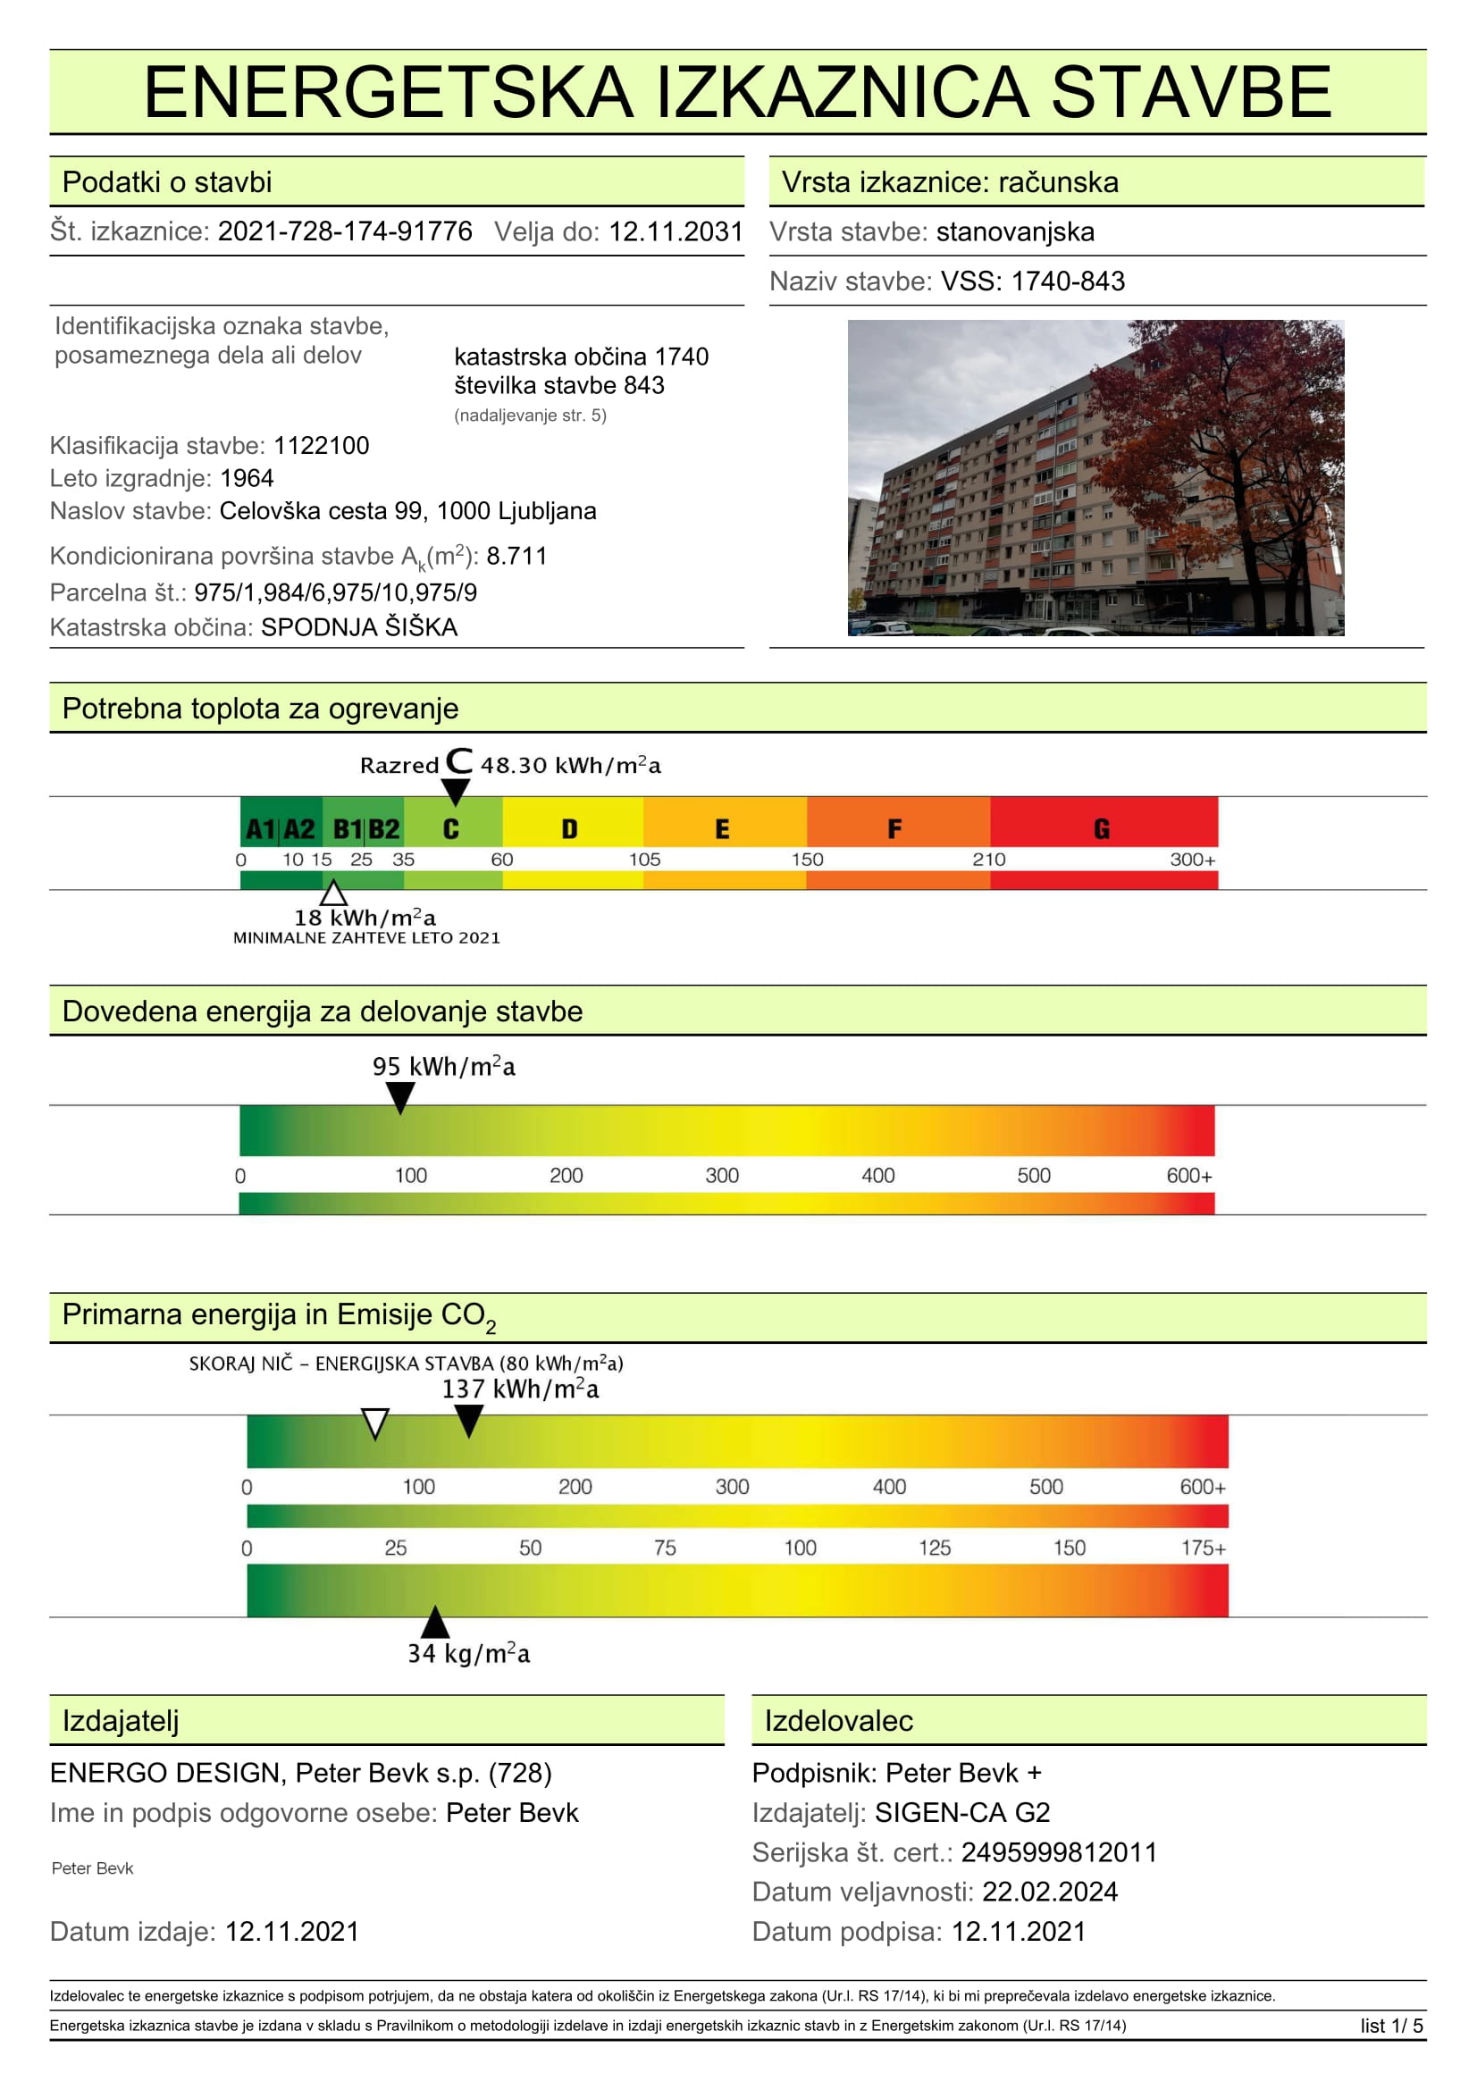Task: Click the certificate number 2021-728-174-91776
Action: click(345, 231)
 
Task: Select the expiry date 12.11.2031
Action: click(676, 231)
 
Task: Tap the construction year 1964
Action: click(247, 478)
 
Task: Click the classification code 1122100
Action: click(322, 445)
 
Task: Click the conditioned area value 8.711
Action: click(516, 555)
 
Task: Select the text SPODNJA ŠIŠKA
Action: click(358, 627)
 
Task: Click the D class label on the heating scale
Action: click(570, 828)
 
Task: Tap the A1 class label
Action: click(260, 828)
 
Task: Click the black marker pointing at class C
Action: click(455, 790)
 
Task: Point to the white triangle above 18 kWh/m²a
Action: click(333, 892)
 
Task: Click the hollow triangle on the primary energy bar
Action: click(375, 1423)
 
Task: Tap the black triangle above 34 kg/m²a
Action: click(435, 1622)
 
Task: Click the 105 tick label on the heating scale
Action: click(644, 860)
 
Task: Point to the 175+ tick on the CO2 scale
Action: click(1202, 1548)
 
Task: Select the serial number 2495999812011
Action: click(1058, 1852)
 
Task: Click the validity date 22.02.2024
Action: click(1049, 1892)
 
